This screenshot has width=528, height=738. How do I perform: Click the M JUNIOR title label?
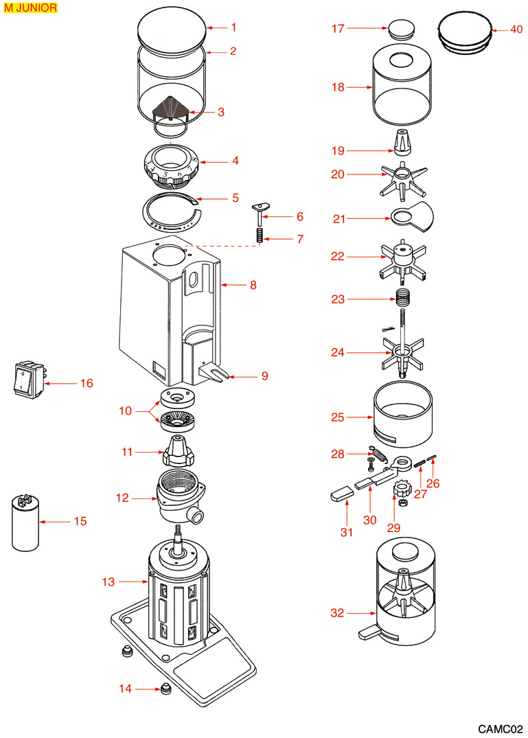(x=30, y=9)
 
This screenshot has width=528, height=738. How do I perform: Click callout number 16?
(x=87, y=383)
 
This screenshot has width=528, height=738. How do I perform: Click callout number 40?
(x=516, y=30)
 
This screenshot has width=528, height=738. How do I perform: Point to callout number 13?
(x=108, y=582)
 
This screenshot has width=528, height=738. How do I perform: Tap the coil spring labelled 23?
(x=404, y=299)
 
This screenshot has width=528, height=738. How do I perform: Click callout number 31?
(x=347, y=531)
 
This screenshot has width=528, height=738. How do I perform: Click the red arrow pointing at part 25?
(x=358, y=417)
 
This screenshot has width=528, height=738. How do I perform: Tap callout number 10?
(x=125, y=411)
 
